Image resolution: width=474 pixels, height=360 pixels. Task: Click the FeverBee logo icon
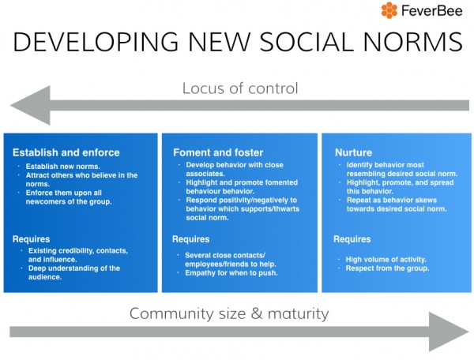click(x=389, y=11)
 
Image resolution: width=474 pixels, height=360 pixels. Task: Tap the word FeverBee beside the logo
click(x=433, y=11)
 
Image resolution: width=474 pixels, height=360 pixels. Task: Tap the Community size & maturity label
click(x=229, y=313)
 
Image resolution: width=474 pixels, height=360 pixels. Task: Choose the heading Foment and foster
click(x=217, y=152)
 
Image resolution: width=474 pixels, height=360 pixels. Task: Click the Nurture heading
click(x=353, y=152)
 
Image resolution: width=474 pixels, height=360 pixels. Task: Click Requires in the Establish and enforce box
click(x=32, y=238)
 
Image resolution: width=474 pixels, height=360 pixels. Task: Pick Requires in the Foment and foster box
click(x=190, y=239)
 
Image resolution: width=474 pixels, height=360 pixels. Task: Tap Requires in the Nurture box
click(x=352, y=239)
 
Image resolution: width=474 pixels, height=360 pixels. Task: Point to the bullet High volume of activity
click(x=386, y=259)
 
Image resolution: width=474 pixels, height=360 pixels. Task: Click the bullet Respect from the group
click(x=388, y=268)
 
